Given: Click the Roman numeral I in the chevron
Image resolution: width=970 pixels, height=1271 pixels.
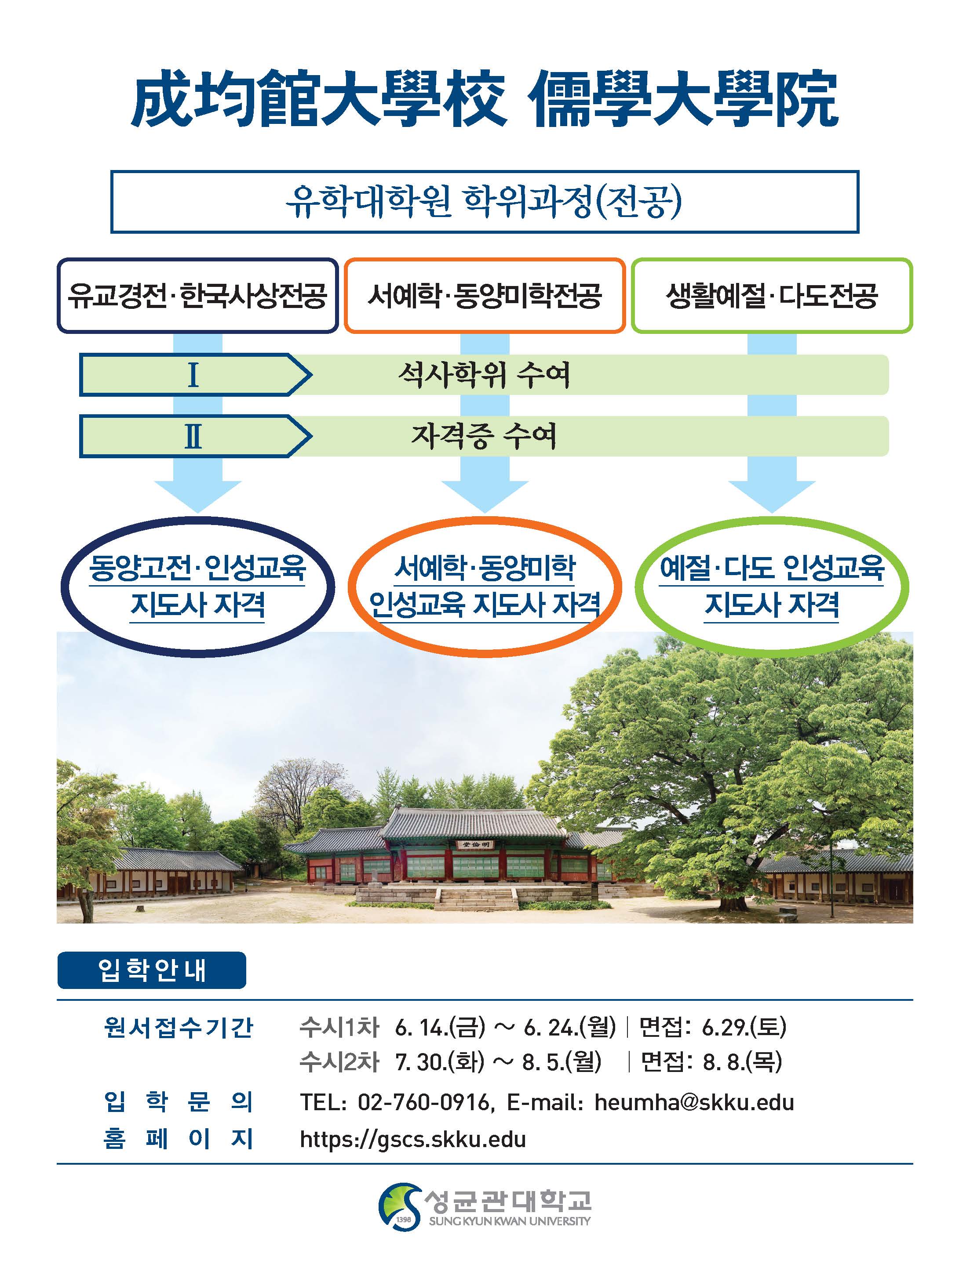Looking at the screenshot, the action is pos(193,375).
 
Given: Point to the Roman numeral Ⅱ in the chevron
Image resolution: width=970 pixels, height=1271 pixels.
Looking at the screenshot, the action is pos(193,436).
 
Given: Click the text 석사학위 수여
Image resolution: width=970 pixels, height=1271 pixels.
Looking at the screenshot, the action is pos(484,375).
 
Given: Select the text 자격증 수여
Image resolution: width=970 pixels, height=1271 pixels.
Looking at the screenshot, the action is pos(484,436).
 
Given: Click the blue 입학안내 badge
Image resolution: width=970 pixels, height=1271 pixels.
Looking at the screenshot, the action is pos(152,970).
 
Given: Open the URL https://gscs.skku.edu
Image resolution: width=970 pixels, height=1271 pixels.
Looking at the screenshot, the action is pos(413,1140).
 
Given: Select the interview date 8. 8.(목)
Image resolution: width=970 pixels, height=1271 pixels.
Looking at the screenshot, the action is pos(743,1061).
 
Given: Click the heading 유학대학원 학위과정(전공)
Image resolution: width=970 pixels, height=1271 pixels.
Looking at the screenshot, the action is pos(484,202).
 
